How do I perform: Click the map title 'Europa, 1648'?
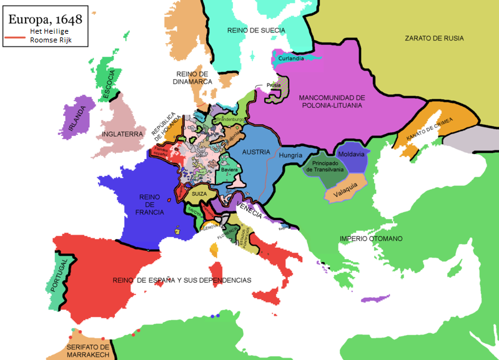tap(45, 19)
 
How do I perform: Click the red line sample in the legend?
tap(15, 37)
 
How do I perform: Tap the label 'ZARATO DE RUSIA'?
tap(434, 38)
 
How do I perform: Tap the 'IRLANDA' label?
tap(74, 117)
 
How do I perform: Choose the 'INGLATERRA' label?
tap(124, 134)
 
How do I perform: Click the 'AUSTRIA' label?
tap(256, 152)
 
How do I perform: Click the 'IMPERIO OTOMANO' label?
tap(371, 239)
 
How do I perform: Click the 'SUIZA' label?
tap(199, 194)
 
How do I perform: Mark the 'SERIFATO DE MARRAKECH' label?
tap(88, 351)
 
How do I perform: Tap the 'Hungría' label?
tap(290, 155)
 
